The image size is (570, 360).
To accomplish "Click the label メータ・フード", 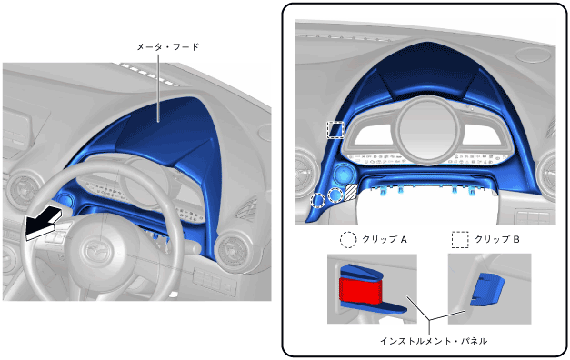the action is [x=168, y=47].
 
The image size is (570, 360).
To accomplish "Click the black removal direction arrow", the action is [x=43, y=224].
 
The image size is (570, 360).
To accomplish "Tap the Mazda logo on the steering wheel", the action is [x=95, y=250].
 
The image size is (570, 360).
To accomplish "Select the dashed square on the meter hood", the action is [x=335, y=130].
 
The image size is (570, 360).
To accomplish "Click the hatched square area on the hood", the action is [x=351, y=192].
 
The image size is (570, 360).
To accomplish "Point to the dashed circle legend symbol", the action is [x=348, y=240].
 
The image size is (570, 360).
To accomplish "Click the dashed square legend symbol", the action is [x=460, y=240].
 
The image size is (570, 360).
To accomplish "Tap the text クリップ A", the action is [x=385, y=240].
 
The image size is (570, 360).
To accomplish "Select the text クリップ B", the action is [x=497, y=240].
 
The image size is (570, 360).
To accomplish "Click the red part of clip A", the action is [x=360, y=291].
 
